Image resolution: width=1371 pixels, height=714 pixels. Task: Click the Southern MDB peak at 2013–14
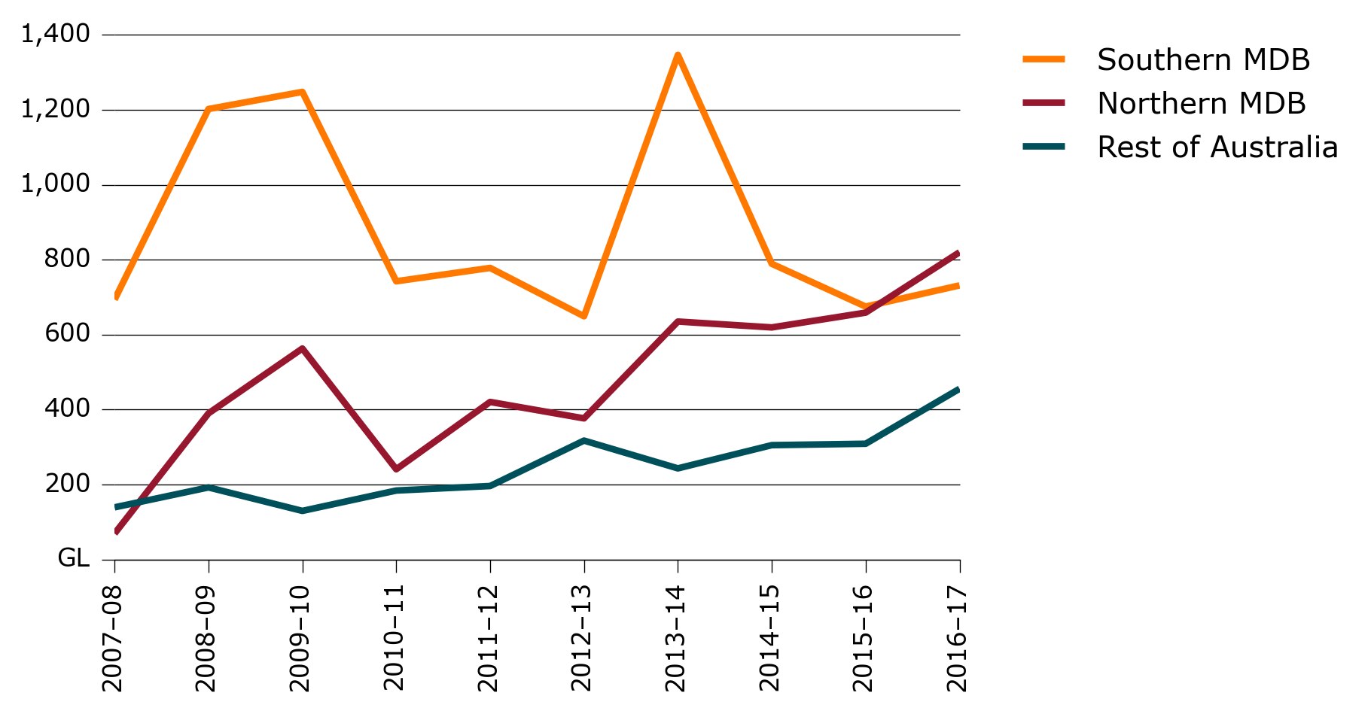pos(678,55)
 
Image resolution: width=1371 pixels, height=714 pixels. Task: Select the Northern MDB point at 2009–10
pos(302,348)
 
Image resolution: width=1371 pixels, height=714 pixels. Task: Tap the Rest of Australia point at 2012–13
pos(584,441)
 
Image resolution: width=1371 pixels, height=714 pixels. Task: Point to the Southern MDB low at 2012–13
pos(584,316)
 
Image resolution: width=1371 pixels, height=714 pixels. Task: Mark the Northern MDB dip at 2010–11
pos(396,469)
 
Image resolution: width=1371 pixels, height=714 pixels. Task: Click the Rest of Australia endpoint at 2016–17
pos(958,390)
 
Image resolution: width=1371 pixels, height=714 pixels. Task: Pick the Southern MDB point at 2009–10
pos(302,92)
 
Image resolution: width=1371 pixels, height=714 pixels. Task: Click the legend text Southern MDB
pos(1203,60)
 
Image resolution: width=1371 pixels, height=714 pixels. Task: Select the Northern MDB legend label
pos(1201,104)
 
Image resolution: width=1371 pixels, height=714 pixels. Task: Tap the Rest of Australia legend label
pos(1217,147)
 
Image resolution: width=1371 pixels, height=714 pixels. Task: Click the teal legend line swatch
pos(1043,147)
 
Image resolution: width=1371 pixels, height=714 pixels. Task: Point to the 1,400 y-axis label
pos(56,34)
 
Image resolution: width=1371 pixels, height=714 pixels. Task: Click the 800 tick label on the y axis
pos(67,259)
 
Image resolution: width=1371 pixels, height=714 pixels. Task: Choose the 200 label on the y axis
pos(67,484)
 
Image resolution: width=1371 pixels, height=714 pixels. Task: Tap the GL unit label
pos(73,558)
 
